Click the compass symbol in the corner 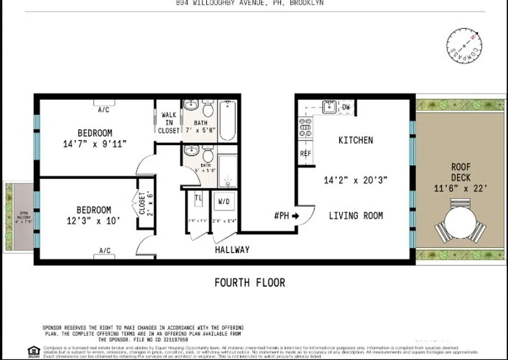click(464, 46)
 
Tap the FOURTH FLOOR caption click(250, 283)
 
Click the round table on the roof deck click(460, 222)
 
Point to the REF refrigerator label click(306, 153)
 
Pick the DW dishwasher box click(346, 107)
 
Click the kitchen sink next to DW click(329, 107)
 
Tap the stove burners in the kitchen click(306, 127)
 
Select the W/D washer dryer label click(224, 202)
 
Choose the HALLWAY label click(232, 250)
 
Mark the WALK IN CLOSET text click(168, 123)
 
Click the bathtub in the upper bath click(227, 121)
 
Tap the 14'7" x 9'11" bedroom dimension click(95, 144)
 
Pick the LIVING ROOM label click(356, 216)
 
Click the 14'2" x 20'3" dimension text click(355, 180)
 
